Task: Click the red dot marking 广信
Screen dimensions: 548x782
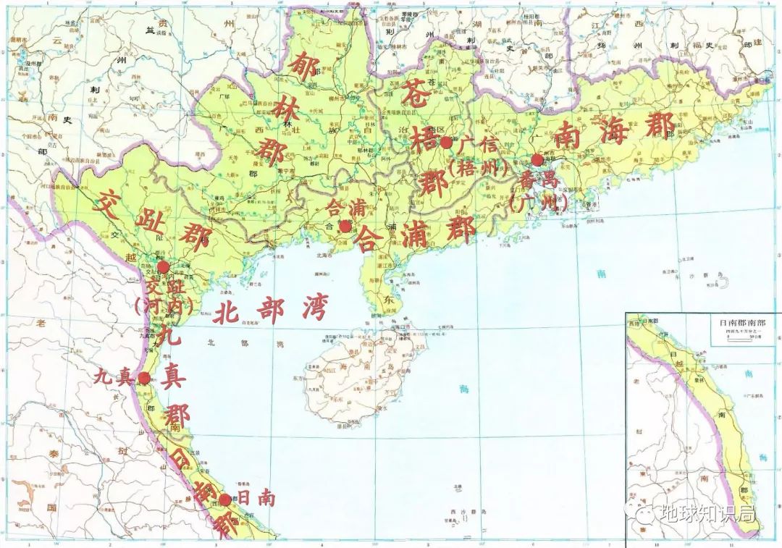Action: tap(447, 143)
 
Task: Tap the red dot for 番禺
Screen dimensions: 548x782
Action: tap(537, 160)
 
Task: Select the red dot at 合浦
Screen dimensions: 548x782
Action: tap(345, 227)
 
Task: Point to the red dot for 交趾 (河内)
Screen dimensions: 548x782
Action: tap(163, 267)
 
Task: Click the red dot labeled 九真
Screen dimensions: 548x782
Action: tap(145, 377)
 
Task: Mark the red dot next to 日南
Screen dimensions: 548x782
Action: tap(225, 499)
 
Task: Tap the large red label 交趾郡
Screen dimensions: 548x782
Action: tap(154, 220)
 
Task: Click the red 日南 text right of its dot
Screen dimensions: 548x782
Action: tap(255, 499)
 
